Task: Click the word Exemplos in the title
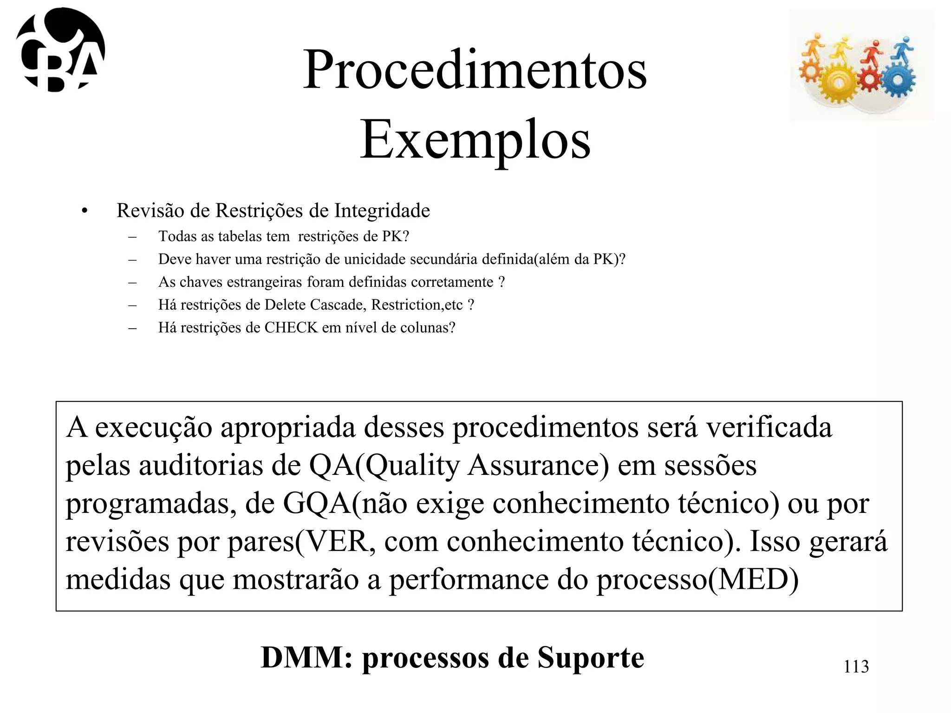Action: (x=475, y=140)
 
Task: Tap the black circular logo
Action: (x=60, y=50)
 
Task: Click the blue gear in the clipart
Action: (x=898, y=80)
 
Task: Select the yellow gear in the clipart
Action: (x=839, y=84)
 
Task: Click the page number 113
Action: (x=856, y=666)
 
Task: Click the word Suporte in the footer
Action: (x=591, y=657)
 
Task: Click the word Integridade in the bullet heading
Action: (x=382, y=210)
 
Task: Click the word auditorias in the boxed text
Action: (x=200, y=465)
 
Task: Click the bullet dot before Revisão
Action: (x=84, y=211)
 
